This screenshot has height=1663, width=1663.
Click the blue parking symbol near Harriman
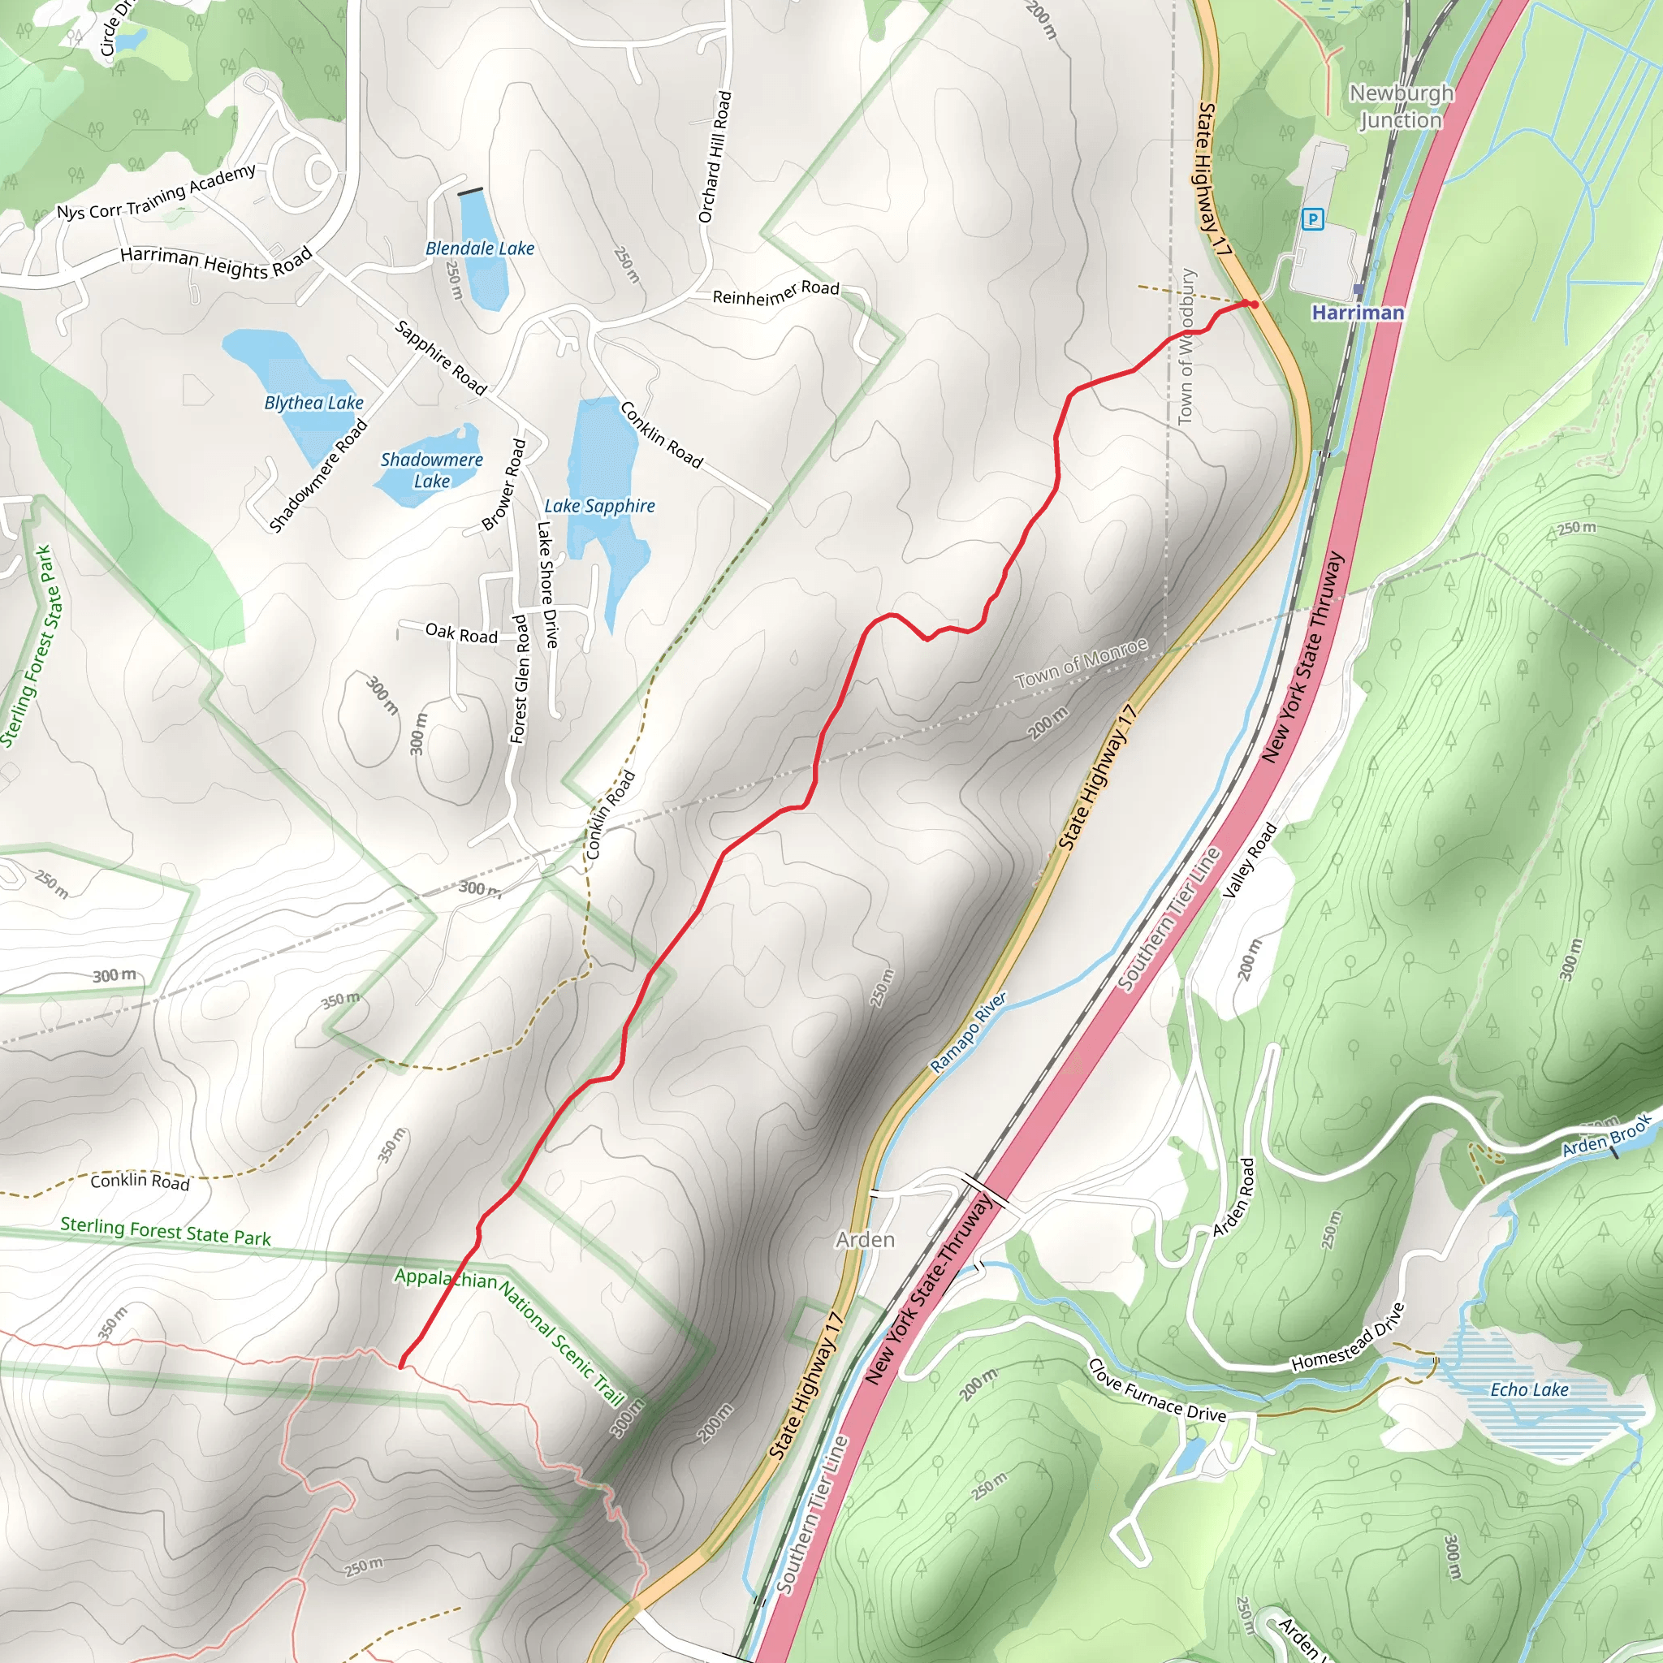click(x=1313, y=219)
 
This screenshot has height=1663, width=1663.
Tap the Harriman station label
click(x=1358, y=313)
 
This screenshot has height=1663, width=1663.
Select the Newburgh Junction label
click(x=1401, y=106)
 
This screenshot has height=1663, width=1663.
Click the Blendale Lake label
click(x=481, y=248)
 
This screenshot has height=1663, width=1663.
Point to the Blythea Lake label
click(x=314, y=403)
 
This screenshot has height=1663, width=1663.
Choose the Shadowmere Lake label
click(x=431, y=470)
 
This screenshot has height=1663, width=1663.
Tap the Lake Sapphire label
click(x=599, y=506)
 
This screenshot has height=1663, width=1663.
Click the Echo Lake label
click(x=1529, y=1389)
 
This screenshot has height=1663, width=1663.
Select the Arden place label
click(x=865, y=1239)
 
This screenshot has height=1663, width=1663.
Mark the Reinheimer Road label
click(x=775, y=292)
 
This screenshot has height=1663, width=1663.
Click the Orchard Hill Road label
click(x=715, y=158)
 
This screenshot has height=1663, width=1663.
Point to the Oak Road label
click(x=461, y=634)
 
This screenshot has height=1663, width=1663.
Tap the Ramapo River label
click(x=969, y=1033)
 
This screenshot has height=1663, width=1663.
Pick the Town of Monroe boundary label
click(x=1081, y=663)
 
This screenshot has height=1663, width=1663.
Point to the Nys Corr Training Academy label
click(x=156, y=192)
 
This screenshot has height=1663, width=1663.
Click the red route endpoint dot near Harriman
click(x=1254, y=305)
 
